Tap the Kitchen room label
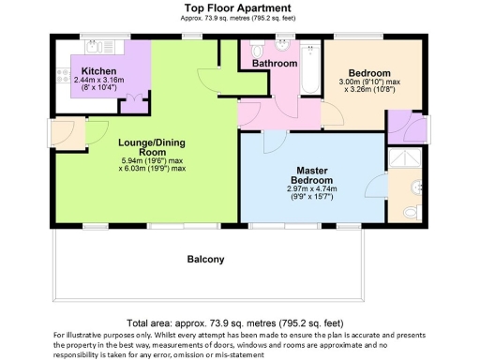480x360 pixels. pyautogui.click(x=97, y=71)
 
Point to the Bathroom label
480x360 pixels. pyautogui.click(x=274, y=64)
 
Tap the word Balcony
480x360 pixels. pyautogui.click(x=205, y=260)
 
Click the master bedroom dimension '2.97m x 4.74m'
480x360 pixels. pyautogui.click(x=311, y=188)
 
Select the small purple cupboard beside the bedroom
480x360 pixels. pyautogui.click(x=398, y=127)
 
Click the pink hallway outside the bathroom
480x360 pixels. pyautogui.click(x=281, y=112)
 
